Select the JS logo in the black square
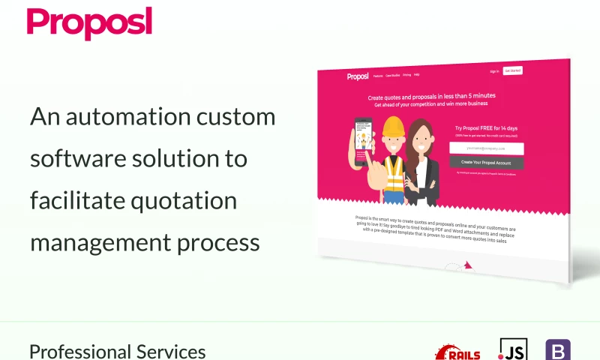coord(513,349)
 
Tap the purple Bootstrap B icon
coord(557,350)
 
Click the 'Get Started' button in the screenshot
coord(513,70)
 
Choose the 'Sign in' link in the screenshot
coord(494,71)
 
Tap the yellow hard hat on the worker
coord(393,130)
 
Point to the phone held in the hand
coord(363,142)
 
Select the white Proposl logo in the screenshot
coord(358,76)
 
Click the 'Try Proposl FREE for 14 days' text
coord(485,128)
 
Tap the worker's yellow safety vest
coord(394,174)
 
